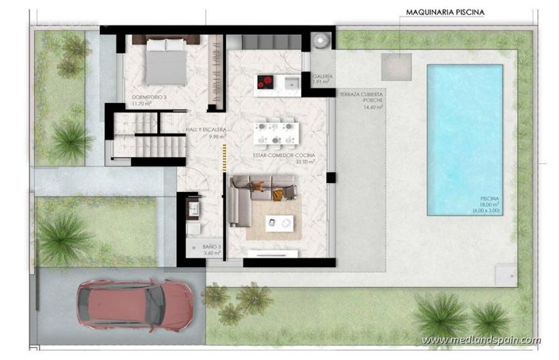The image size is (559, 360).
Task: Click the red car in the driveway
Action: pos(136,302)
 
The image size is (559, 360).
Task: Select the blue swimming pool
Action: pos(464,140)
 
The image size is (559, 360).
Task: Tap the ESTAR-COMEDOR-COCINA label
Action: pos(284,156)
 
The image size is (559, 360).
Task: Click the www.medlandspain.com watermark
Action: pos(481,340)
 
